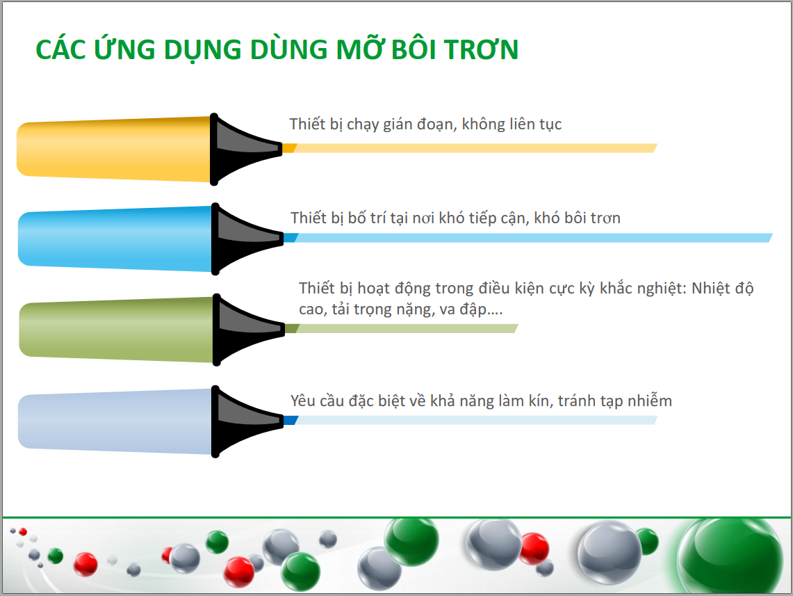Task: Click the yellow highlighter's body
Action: (x=114, y=149)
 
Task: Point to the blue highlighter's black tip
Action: (x=246, y=238)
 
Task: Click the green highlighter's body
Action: (x=116, y=329)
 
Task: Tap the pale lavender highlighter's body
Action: (x=115, y=421)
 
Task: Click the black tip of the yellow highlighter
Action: (x=245, y=149)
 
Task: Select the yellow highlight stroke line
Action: (x=469, y=148)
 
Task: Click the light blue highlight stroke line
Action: (x=528, y=238)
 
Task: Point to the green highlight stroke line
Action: (x=402, y=329)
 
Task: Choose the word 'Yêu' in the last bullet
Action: (x=303, y=401)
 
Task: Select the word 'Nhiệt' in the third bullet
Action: (x=710, y=288)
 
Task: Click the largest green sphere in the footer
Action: (x=728, y=556)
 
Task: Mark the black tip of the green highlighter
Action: (x=248, y=330)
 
